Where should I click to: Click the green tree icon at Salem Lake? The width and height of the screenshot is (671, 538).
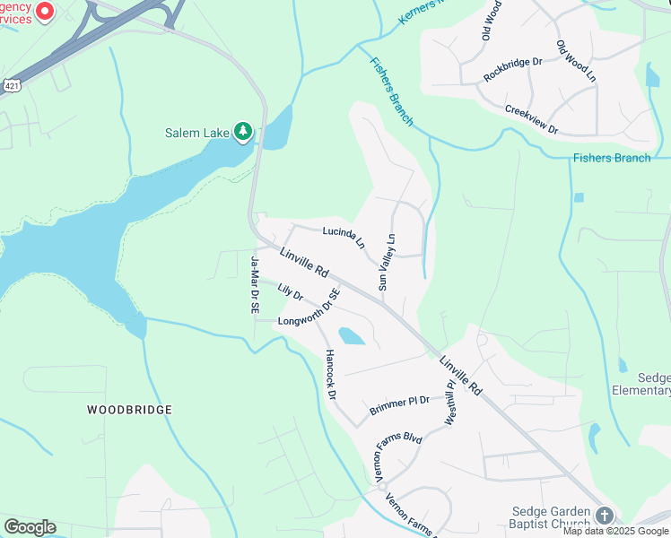tap(242, 133)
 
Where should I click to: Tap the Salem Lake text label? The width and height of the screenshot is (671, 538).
tap(197, 134)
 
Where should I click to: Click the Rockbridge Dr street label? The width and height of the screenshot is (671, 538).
tap(513, 69)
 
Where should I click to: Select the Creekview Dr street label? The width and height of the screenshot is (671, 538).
tap(531, 119)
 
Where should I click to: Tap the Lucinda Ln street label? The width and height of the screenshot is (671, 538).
tap(344, 236)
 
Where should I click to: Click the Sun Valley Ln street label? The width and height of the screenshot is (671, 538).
tap(387, 262)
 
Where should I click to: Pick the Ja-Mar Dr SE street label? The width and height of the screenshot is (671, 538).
tap(255, 284)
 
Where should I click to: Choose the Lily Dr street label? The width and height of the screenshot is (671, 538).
tap(291, 293)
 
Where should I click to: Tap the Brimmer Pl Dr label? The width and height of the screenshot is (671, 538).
tap(400, 406)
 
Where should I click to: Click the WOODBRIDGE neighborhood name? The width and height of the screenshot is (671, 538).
tap(129, 409)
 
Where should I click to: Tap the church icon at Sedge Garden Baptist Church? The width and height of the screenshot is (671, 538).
tap(605, 516)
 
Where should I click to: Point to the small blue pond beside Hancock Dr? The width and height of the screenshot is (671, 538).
tap(352, 336)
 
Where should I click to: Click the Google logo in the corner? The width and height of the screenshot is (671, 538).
tap(30, 527)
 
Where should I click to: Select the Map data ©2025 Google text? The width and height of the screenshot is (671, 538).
tap(616, 531)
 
